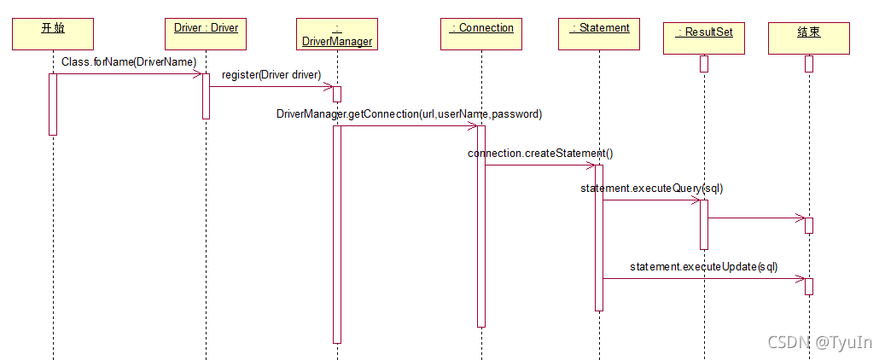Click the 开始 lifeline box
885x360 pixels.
click(x=53, y=33)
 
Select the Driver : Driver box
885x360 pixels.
click(x=206, y=33)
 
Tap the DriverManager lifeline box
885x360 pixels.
click(x=337, y=34)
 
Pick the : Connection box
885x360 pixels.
click(x=481, y=33)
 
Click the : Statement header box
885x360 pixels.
click(x=600, y=33)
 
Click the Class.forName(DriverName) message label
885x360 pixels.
click(x=129, y=62)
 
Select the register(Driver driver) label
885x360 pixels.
click(x=271, y=75)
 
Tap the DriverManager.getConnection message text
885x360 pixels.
click(x=409, y=113)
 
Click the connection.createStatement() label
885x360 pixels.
click(x=540, y=153)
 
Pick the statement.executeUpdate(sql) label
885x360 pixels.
click(x=704, y=266)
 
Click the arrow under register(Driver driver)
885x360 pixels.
click(x=271, y=86)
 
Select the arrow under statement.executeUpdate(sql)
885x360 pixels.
click(x=704, y=278)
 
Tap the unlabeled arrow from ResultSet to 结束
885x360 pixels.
click(x=756, y=218)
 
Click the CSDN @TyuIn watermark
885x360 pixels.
click(x=819, y=342)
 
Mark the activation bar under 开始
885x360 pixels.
click(x=53, y=103)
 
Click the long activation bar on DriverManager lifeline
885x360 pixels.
click(x=337, y=234)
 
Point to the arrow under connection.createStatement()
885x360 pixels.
click(x=540, y=165)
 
